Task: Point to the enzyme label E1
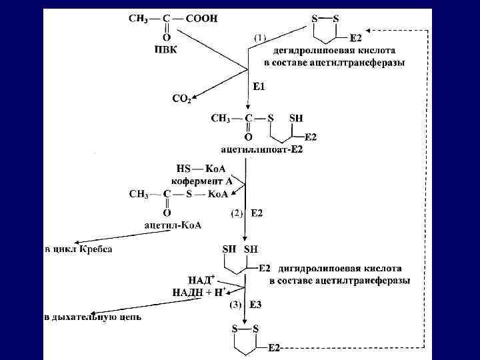260,86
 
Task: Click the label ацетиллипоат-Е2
261,149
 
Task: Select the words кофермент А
202,181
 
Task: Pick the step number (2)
237,213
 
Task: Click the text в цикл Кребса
79,249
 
